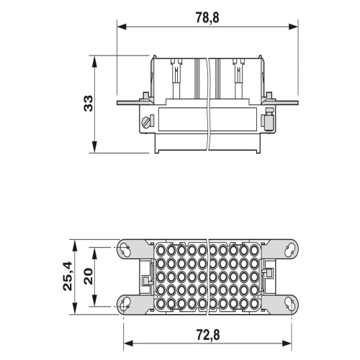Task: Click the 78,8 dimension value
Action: [x=207, y=17]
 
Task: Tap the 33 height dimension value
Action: [x=89, y=103]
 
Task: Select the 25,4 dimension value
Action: [x=68, y=276]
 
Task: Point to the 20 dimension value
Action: [x=89, y=276]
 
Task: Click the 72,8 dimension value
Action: [x=208, y=335]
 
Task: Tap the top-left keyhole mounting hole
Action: [x=125, y=250]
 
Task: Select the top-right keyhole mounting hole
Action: [x=289, y=250]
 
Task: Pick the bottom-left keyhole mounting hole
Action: [x=125, y=304]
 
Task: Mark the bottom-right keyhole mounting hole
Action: [x=289, y=304]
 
